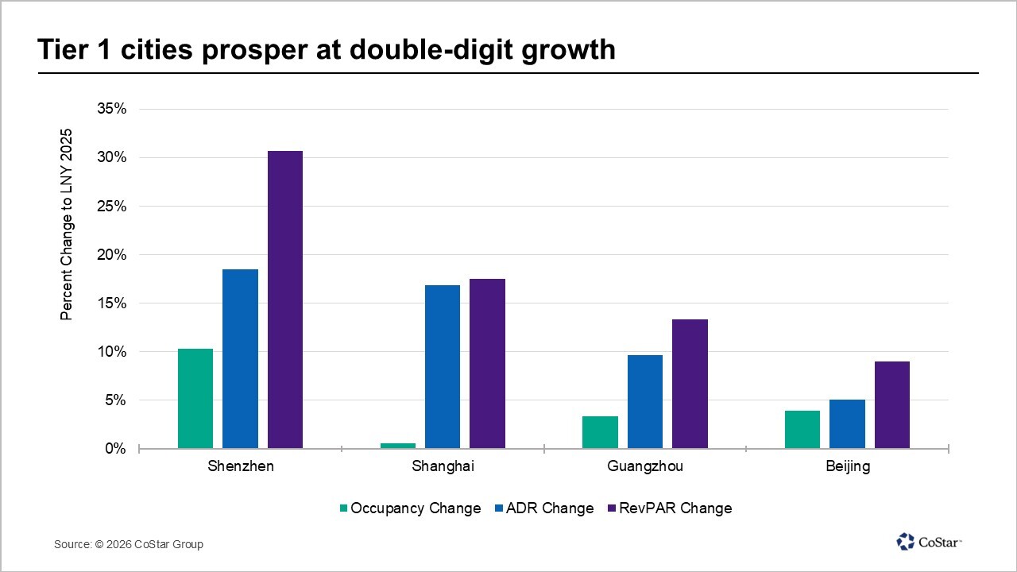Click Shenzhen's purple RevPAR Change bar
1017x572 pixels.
pyautogui.click(x=284, y=300)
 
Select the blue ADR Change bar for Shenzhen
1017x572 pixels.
pyautogui.click(x=240, y=359)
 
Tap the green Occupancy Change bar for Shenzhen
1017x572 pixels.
pyautogui.click(x=195, y=399)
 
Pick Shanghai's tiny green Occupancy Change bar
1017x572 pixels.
pyautogui.click(x=398, y=446)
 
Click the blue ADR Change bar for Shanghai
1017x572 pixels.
pyautogui.click(x=443, y=367)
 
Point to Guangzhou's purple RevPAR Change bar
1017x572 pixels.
pyautogui.click(x=690, y=384)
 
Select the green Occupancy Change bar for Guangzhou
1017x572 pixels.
pyautogui.click(x=600, y=432)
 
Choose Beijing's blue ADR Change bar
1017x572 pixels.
pyautogui.click(x=847, y=424)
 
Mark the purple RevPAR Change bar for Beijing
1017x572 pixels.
pyautogui.click(x=892, y=405)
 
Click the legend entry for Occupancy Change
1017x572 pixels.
pyautogui.click(x=410, y=508)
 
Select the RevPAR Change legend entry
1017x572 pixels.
pyautogui.click(x=669, y=508)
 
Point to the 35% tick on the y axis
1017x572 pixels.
pyautogui.click(x=111, y=109)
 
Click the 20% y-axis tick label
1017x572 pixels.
pyautogui.click(x=111, y=254)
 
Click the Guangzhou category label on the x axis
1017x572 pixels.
pyautogui.click(x=644, y=466)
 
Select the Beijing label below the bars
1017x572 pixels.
pyautogui.click(x=848, y=466)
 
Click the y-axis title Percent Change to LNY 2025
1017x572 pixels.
pyautogui.click(x=67, y=224)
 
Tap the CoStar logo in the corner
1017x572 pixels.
pyautogui.click(x=930, y=542)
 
